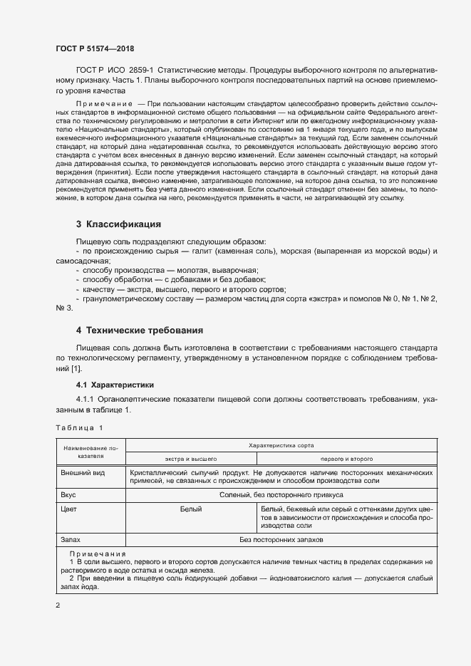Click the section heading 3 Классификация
click(x=118, y=224)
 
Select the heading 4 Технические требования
click(x=140, y=331)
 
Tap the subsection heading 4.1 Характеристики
click(x=115, y=385)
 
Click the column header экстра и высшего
click(x=190, y=459)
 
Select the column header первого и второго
click(x=346, y=459)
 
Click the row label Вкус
click(x=68, y=494)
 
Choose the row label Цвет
click(x=69, y=509)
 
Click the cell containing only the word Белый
click(x=191, y=509)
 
